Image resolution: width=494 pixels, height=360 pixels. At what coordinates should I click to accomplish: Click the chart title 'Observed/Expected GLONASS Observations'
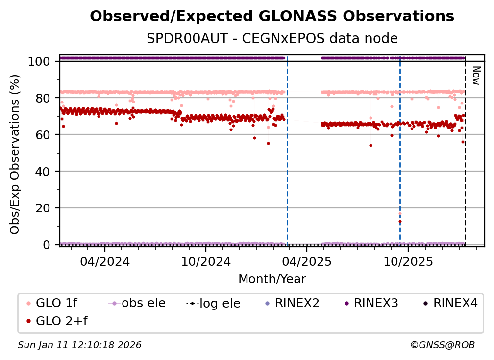coord(272,16)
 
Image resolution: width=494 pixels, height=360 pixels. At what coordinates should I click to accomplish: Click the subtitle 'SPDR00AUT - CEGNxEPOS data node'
coord(272,39)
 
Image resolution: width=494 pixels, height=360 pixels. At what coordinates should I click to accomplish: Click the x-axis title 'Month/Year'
coord(272,279)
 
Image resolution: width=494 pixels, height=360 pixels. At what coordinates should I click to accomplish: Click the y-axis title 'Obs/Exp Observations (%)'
coord(15,154)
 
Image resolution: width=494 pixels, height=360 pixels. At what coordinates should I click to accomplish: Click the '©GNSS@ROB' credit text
coord(442,345)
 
